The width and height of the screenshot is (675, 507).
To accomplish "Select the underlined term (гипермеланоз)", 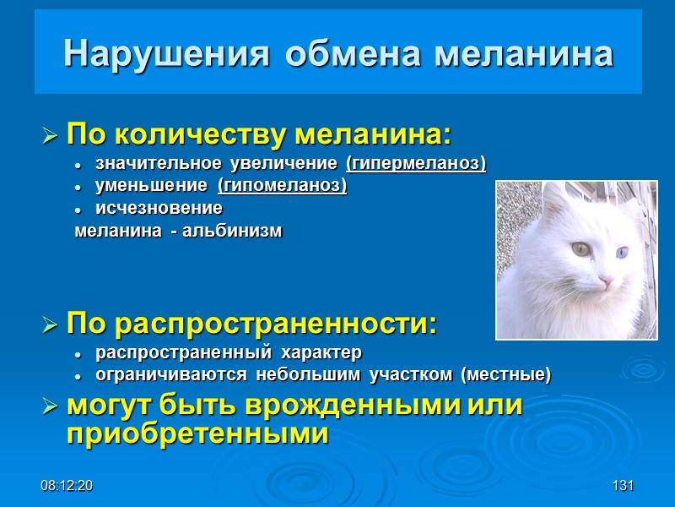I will click(416, 162).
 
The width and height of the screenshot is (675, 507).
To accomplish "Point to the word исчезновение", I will click(159, 208).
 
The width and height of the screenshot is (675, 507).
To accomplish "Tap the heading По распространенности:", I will click(251, 324).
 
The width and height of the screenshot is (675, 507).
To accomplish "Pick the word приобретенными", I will click(196, 434).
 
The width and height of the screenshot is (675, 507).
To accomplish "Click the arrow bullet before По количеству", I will click(50, 135).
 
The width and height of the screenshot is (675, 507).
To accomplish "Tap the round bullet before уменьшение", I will click(77, 186).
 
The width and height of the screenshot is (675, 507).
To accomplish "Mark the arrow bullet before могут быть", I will click(50, 406).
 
